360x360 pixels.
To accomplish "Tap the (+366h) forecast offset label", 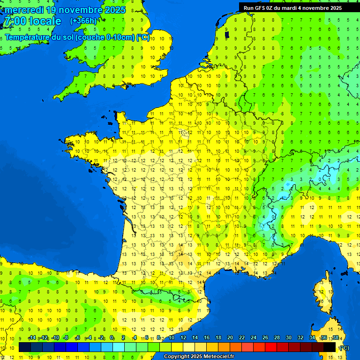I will [83, 21].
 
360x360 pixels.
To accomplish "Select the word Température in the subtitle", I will [29, 37].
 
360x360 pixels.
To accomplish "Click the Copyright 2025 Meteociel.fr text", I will [199, 357].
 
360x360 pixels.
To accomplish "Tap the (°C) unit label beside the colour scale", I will [344, 348].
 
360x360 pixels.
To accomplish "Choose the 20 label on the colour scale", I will [230, 337].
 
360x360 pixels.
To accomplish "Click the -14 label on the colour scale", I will [32, 337].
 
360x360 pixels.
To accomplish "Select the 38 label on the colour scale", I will [335, 337].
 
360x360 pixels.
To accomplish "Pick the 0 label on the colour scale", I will [112, 337].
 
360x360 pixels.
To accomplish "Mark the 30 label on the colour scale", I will [288, 337].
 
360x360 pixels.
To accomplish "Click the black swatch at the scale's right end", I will [330, 347].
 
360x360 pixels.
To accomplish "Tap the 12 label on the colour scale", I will [183, 337].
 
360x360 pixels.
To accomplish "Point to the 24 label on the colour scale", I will [254, 337].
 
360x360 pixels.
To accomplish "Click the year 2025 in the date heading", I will [114, 10].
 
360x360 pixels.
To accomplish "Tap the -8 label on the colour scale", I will [66, 337].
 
